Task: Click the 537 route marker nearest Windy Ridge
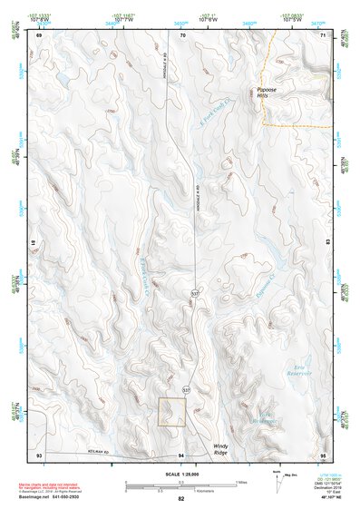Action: pos(187,388)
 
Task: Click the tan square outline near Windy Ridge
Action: pos(172,412)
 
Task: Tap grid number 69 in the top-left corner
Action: pos(39,34)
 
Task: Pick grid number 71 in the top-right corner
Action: pos(323,34)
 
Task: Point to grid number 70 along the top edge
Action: pos(182,34)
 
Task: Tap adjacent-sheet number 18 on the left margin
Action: pos(34,244)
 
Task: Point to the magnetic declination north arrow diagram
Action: pos(275,480)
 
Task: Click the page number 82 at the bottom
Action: pos(181,499)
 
